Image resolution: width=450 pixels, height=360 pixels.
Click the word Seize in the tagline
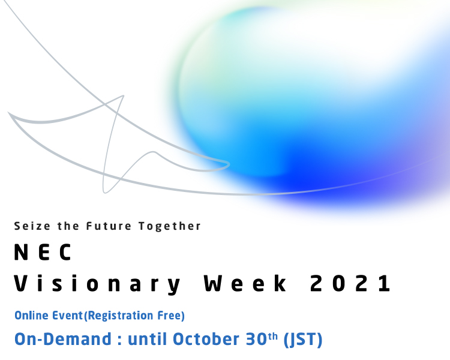[x=32, y=226]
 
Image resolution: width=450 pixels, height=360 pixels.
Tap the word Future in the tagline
[x=109, y=226]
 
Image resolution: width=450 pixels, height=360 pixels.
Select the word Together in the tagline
[x=170, y=227]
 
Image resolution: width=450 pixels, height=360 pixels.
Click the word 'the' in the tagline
[x=68, y=226]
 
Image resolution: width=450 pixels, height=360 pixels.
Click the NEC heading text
[x=43, y=252]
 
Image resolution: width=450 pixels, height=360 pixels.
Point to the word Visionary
[x=97, y=284]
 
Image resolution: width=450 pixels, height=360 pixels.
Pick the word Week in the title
[x=245, y=283]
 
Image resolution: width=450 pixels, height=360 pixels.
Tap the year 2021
[x=350, y=283]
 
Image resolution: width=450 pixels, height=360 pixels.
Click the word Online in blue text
[x=32, y=316]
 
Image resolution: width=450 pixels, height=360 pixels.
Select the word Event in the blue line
[x=67, y=316]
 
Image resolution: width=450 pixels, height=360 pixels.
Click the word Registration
[x=120, y=316]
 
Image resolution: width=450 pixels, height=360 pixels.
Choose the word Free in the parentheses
[x=169, y=316]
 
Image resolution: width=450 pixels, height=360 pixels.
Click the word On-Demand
[x=63, y=339]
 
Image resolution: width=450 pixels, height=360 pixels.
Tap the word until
[x=147, y=339]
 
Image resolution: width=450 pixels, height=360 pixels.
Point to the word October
[x=206, y=339]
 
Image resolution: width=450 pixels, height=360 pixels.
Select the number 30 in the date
[x=257, y=339]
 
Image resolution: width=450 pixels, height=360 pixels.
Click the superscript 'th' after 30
[x=273, y=336]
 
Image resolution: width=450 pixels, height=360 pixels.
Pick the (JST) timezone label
[x=303, y=340]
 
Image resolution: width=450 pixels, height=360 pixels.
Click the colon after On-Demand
[x=119, y=341]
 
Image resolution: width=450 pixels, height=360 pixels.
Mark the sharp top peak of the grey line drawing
[x=124, y=95]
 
